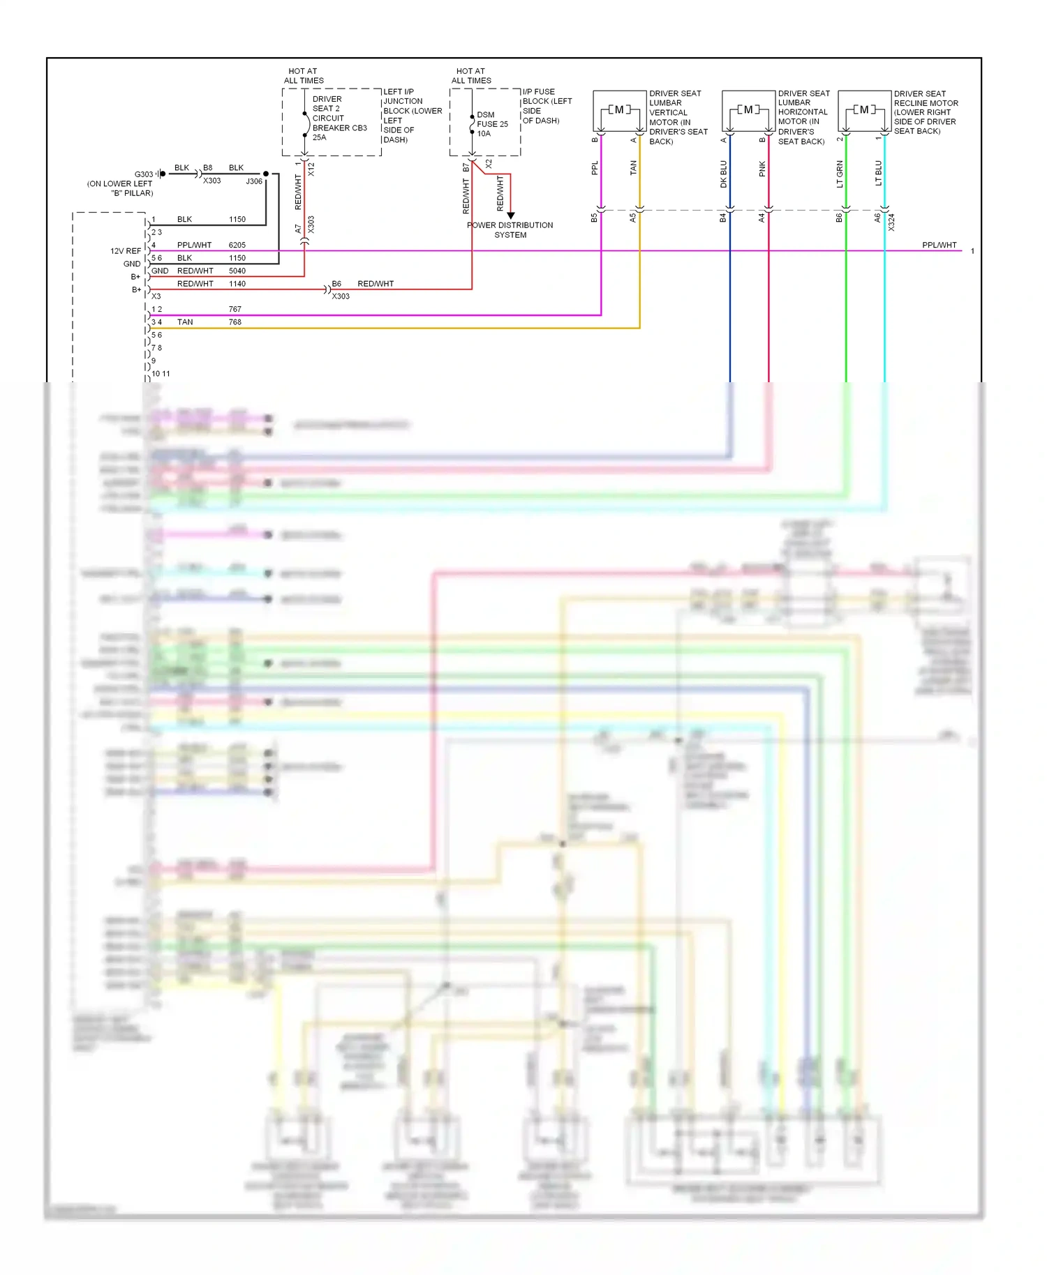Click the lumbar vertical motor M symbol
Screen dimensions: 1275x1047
coord(619,110)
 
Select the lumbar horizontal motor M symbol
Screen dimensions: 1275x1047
coord(748,110)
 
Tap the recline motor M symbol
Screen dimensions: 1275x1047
coord(864,110)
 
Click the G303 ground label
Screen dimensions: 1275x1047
coord(144,174)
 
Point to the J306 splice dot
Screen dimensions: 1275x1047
coord(266,174)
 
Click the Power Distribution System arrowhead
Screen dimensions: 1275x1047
coord(510,216)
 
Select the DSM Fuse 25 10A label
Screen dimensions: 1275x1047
coord(492,124)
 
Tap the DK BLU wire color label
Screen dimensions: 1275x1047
coord(724,174)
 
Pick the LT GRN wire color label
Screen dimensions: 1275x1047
coord(840,174)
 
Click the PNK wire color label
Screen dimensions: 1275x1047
coord(762,169)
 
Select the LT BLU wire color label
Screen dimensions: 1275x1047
coord(878,173)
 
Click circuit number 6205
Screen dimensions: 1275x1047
coord(237,245)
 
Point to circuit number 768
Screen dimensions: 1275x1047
coord(235,322)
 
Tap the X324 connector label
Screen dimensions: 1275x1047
coord(891,222)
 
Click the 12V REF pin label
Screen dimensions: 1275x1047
coord(126,251)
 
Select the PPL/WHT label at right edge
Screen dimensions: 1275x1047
coord(939,245)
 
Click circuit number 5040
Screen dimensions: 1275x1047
coord(237,271)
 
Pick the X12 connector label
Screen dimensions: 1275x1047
coord(311,169)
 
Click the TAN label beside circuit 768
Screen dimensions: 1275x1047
coord(185,322)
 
